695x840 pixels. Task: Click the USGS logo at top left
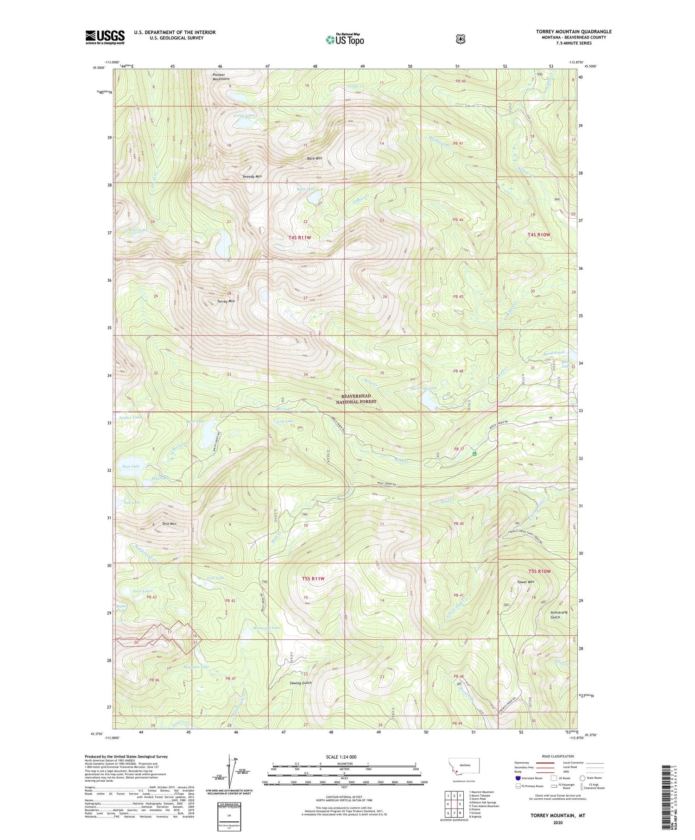click(x=105, y=37)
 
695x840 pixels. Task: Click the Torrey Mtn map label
click(x=226, y=301)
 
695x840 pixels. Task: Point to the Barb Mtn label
click(x=314, y=158)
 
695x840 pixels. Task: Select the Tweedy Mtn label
click(x=252, y=177)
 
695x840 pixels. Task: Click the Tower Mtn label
click(x=525, y=582)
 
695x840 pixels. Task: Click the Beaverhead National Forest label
click(x=359, y=399)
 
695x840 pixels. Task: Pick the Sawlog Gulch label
click(x=300, y=683)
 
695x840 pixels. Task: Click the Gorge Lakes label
click(x=244, y=115)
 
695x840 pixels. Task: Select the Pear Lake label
click(x=131, y=466)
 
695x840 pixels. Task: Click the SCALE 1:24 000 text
click(x=344, y=757)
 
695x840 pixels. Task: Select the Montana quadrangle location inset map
click(x=464, y=767)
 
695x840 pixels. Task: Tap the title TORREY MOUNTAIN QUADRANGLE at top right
click(x=574, y=32)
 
